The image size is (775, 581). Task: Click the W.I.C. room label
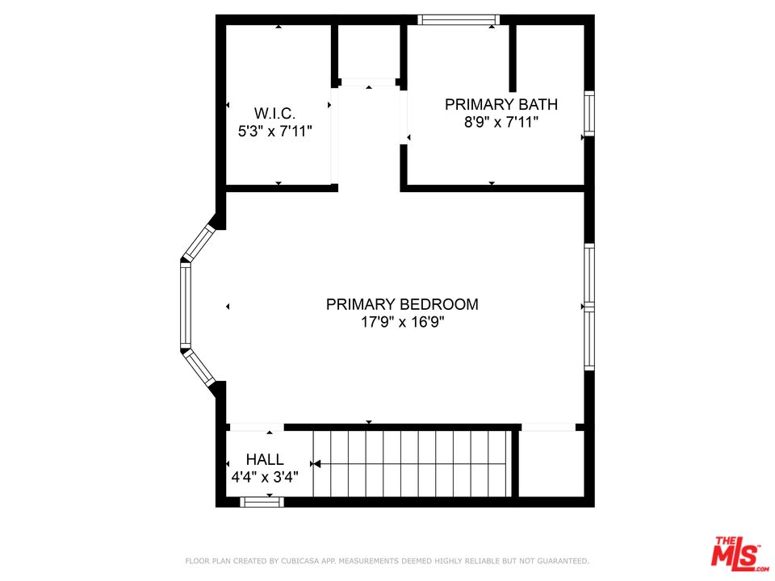[275, 113]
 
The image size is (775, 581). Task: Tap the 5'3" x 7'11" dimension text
[275, 131]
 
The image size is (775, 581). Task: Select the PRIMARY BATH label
[501, 104]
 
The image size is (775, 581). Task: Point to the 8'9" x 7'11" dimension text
[501, 122]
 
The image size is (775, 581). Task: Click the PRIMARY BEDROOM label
[402, 304]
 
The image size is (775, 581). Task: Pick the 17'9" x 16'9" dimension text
[402, 322]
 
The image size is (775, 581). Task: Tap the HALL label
[265, 460]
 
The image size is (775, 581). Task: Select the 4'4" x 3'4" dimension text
[265, 477]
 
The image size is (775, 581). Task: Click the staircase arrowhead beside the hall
[316, 464]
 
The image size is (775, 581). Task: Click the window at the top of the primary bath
[459, 19]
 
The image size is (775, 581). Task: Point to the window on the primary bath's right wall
[589, 113]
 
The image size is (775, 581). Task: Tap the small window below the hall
[262, 502]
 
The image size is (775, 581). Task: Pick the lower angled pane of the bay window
[199, 368]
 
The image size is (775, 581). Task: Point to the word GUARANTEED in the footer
[559, 560]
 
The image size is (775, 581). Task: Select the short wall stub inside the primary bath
[512, 58]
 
